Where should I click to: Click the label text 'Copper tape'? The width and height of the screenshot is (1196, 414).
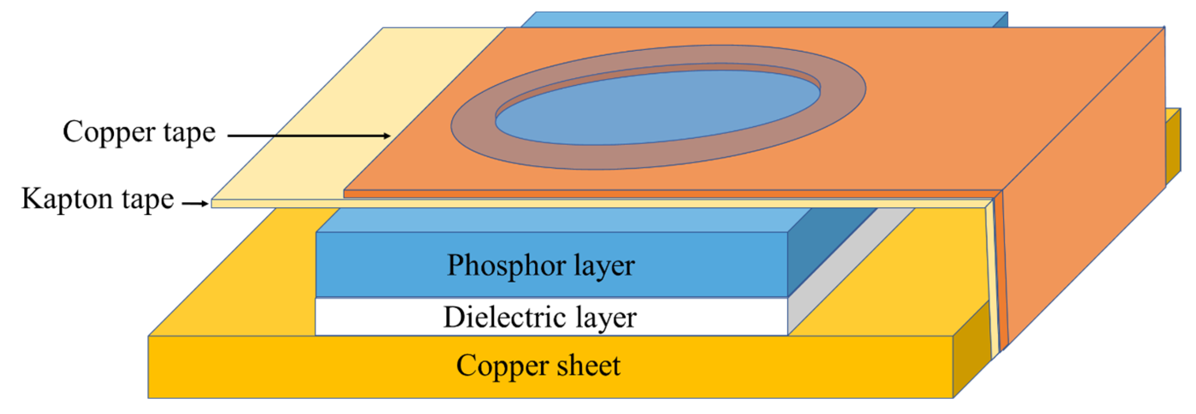coord(139,132)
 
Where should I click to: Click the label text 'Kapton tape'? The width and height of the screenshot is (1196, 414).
coord(98,199)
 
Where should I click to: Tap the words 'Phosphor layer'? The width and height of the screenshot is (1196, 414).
coord(541,265)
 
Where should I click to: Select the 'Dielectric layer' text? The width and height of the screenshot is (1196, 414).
coord(540,317)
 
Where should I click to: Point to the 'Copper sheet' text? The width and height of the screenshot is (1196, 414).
coord(538,366)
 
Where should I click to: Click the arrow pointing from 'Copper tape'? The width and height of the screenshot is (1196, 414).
coord(309,136)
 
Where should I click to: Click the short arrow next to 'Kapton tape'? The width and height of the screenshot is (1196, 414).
coord(195,203)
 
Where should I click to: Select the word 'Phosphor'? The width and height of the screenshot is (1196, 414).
coord(507,265)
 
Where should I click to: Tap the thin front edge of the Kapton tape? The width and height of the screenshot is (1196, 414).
coord(557,204)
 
